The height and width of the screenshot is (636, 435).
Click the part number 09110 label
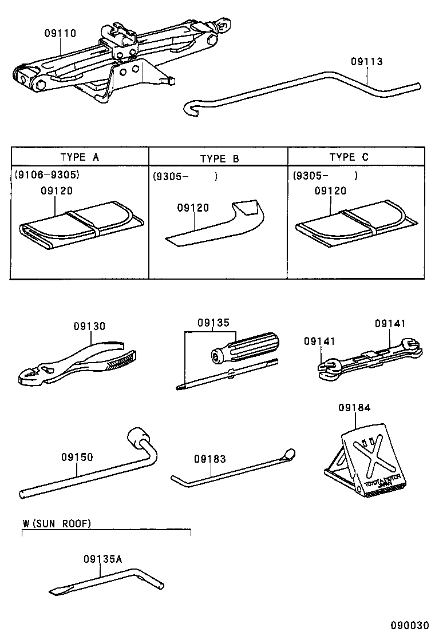[60, 34]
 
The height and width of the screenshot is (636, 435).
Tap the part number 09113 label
[366, 62]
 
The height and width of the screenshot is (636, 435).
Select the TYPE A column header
[80, 157]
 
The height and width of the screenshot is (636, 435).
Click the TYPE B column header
[219, 158]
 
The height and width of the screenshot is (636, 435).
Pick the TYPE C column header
[349, 157]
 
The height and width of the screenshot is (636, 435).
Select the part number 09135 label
[213, 323]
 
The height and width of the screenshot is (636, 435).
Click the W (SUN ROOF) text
[57, 523]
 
